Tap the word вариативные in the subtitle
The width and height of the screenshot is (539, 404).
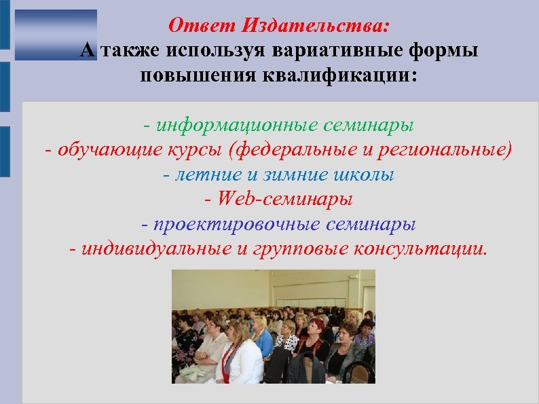324,50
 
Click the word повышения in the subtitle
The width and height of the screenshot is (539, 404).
193,75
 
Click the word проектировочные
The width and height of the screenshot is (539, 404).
232,223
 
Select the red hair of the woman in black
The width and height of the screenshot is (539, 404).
315,325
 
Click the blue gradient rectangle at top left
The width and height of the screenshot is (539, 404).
56,35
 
